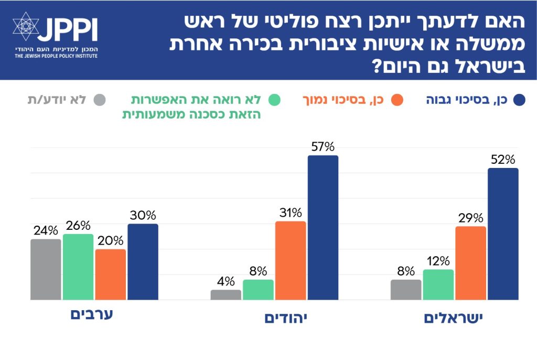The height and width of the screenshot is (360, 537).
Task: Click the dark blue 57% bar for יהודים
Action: [x=323, y=228]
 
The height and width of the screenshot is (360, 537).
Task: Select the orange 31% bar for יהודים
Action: [x=291, y=260]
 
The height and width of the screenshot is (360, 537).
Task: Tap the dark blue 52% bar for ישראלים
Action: [x=503, y=234]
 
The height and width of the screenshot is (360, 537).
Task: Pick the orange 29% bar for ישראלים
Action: [x=470, y=263]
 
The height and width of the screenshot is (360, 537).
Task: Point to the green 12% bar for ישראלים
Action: [x=438, y=284]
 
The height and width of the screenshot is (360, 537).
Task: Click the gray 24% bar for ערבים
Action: [x=46, y=269]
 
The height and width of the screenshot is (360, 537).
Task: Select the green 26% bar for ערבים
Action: [x=78, y=267]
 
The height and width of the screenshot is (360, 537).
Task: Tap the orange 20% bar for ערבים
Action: [x=110, y=274]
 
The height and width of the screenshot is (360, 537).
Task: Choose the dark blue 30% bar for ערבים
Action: [x=143, y=262]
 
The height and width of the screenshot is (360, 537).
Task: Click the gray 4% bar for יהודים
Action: [x=226, y=294]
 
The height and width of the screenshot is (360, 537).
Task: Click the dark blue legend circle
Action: [x=520, y=100]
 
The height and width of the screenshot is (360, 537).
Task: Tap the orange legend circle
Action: [x=396, y=100]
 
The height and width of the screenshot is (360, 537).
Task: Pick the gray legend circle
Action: [x=99, y=100]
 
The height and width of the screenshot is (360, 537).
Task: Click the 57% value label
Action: [x=323, y=147]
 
